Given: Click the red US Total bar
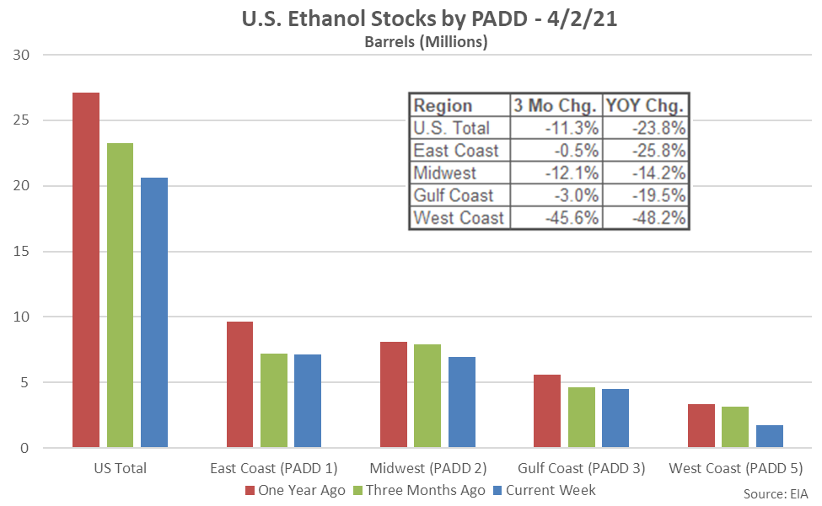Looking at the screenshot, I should click(86, 269).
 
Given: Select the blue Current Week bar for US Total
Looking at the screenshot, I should click(154, 312).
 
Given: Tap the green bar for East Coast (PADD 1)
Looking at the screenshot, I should click(273, 400).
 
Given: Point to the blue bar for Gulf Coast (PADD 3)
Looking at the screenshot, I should click(615, 418).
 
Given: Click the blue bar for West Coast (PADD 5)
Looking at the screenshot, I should click(769, 436).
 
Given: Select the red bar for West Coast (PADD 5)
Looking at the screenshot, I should click(701, 426).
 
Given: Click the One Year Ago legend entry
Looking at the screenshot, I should click(294, 490).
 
